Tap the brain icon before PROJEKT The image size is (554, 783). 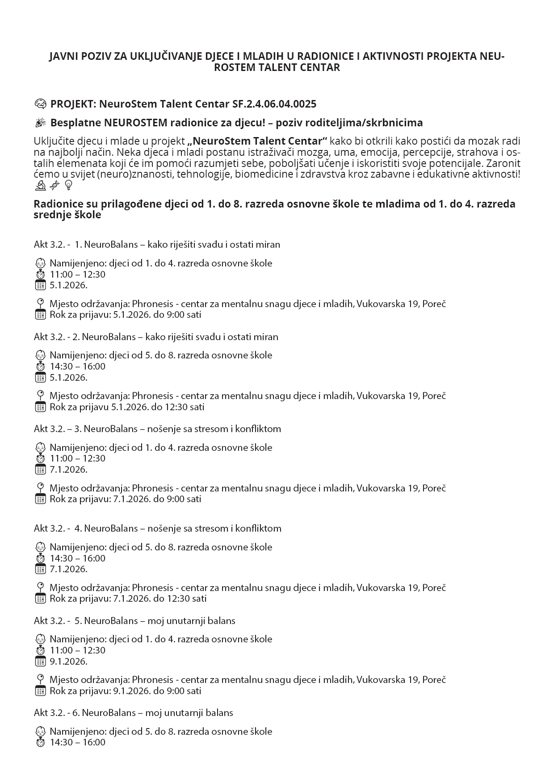40,104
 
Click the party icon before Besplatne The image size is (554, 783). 40,122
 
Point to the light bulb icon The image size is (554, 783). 68,185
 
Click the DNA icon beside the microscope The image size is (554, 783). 54,185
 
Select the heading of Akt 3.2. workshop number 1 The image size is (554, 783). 157,244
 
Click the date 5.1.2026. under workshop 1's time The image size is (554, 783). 68,285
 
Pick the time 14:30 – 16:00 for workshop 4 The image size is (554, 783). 77,558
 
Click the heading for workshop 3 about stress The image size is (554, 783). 157,429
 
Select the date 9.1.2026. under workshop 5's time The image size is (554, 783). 68,661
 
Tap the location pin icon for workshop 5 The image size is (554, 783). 40,679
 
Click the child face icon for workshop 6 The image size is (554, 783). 40,732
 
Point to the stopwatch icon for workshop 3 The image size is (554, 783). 40,458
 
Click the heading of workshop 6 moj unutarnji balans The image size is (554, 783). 133,712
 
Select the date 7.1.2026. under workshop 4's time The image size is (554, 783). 68,569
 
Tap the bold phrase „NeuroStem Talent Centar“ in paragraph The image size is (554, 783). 258,141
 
